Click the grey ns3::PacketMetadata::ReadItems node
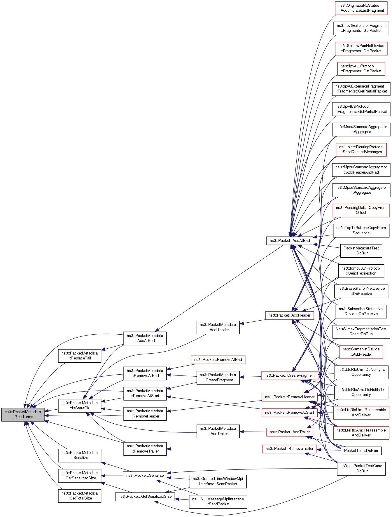(23, 414)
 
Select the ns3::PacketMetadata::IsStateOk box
(80, 406)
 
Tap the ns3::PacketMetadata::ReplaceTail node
(80, 356)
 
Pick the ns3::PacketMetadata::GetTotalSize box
(80, 496)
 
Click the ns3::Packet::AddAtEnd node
(290, 241)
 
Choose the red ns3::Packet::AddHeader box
(289, 315)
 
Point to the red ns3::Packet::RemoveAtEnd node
(218, 360)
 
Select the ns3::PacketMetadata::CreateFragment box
(218, 377)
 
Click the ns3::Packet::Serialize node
(145, 475)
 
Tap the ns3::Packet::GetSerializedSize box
(145, 496)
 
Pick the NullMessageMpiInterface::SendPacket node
(218, 502)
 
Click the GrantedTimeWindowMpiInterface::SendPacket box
(218, 481)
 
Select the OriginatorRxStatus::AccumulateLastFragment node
(361, 8)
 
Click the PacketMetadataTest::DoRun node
(361, 251)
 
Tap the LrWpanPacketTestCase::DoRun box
(361, 468)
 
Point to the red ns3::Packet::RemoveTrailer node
(289, 449)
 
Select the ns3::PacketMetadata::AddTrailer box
(218, 431)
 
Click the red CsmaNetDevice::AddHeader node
(361, 352)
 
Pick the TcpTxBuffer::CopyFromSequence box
(361, 230)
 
